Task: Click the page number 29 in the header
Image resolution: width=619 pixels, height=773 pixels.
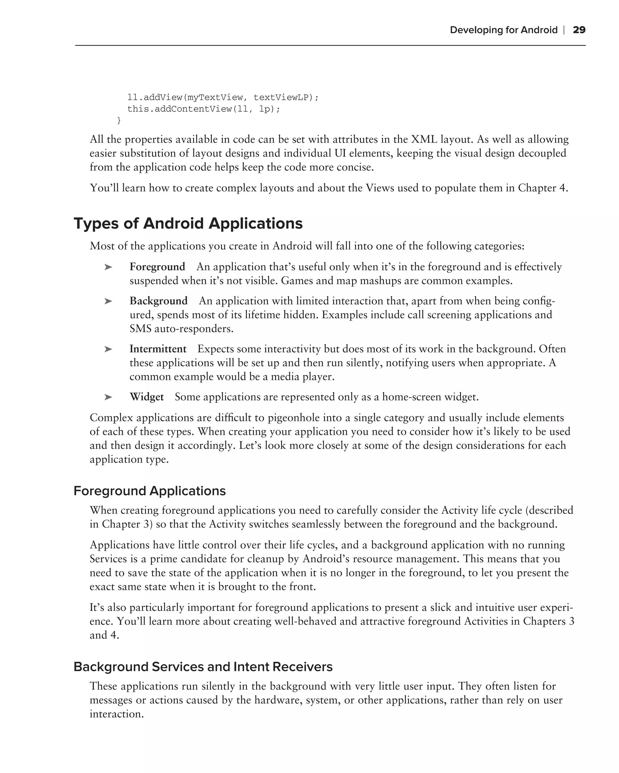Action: click(579, 30)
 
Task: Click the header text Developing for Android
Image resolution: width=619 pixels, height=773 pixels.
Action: click(504, 30)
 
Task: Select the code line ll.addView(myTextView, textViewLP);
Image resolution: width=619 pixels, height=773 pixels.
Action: click(223, 98)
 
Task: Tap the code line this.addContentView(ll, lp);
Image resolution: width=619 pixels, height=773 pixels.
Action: click(203, 109)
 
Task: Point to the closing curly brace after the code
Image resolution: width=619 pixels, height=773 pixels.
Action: click(119, 120)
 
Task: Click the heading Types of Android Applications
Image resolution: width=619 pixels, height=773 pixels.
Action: click(188, 223)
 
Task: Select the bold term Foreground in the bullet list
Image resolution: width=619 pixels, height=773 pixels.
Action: click(157, 267)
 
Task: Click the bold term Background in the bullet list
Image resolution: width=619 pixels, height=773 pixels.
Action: click(158, 301)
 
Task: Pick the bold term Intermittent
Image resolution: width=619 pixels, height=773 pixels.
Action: click(158, 349)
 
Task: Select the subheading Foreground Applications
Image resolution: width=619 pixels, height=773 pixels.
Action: click(150, 491)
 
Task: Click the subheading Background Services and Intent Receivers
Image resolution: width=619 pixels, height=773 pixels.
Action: click(203, 666)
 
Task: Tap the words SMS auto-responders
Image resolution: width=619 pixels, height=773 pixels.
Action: click(181, 329)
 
